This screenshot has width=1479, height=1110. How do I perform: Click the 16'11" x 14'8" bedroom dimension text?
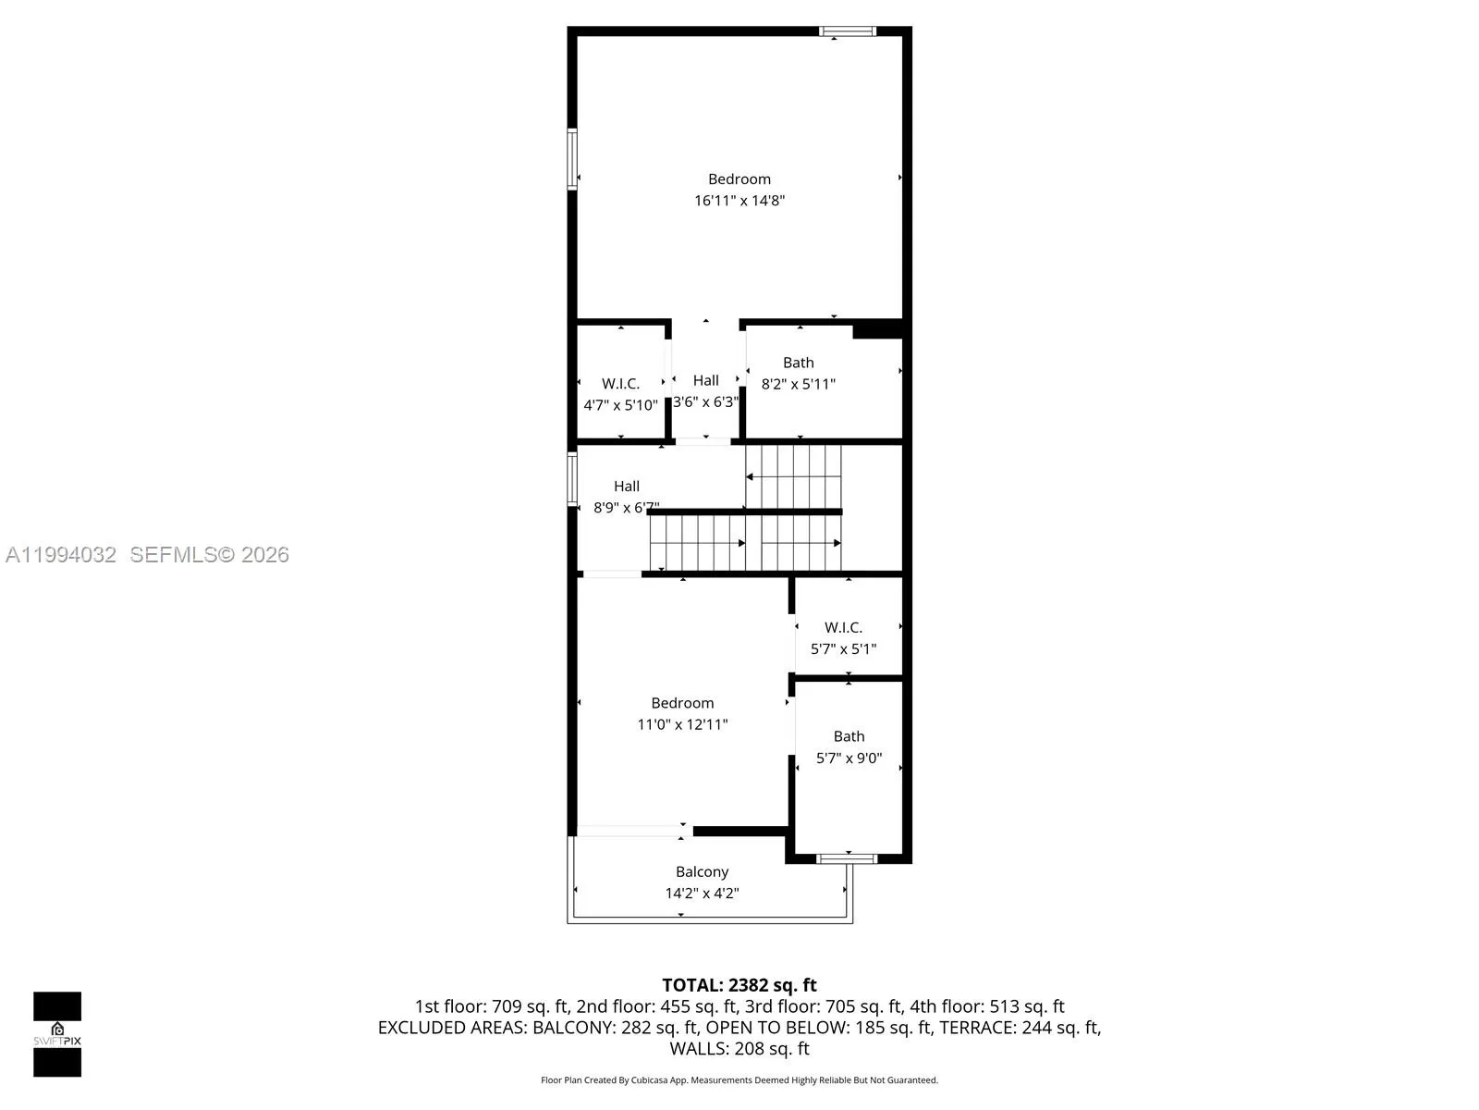coord(739,201)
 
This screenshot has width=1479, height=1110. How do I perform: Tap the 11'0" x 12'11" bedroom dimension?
coord(682,724)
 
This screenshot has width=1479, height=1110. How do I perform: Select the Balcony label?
coord(702,871)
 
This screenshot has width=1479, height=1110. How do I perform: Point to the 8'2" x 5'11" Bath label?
coord(799,363)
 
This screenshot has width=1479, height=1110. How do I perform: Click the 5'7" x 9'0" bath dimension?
coord(849,758)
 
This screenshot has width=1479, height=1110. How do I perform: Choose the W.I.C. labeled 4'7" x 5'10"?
coord(620,384)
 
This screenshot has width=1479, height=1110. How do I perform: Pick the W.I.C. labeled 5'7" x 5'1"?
coord(843,627)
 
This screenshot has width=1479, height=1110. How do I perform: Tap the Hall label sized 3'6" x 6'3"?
coord(705,380)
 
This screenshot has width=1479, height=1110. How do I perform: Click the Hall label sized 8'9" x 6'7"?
coord(626,486)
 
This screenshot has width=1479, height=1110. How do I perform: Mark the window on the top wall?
coord(847,31)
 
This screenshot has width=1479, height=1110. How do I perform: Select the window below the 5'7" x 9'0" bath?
coord(847,858)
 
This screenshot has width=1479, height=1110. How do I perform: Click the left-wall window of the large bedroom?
coord(572,159)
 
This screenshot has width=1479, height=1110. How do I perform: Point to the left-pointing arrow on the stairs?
coord(751,477)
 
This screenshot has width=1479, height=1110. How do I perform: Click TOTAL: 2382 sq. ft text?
coord(739,985)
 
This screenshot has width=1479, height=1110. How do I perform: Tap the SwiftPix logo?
coord(57,1033)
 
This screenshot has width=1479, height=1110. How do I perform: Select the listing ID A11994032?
coord(61,555)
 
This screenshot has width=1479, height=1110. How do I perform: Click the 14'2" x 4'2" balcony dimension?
coord(702,894)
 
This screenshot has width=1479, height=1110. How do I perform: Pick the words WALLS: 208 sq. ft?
coord(739,1049)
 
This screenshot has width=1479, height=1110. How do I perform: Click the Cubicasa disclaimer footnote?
coord(739,1080)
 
